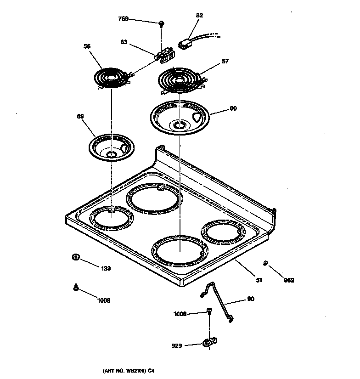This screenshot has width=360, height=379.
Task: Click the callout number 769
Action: pos(123,19)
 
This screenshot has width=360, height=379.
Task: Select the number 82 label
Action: pos(199,15)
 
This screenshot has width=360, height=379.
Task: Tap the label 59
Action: pos(80,116)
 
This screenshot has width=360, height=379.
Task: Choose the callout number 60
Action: pos(233,109)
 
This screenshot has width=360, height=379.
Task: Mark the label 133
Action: pos(106,268)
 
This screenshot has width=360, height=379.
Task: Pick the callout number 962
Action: pos(288,280)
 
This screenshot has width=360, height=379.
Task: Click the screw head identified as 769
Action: pos(161,23)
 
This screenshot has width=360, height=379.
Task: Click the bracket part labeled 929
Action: pos(209,342)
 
